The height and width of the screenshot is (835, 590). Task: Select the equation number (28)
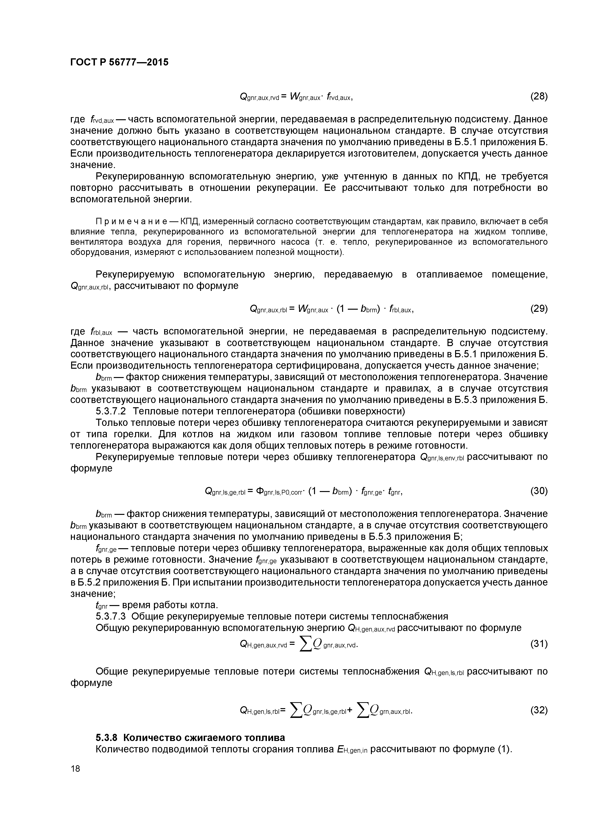pyautogui.click(x=538, y=96)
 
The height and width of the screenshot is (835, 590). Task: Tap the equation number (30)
pyautogui.click(x=538, y=491)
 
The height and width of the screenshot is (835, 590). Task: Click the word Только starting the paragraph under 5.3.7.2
pyautogui.click(x=111, y=423)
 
